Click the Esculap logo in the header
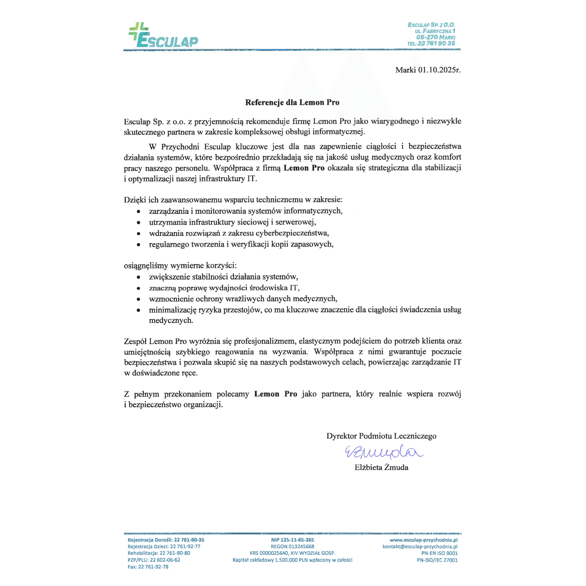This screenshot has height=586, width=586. click(163, 36)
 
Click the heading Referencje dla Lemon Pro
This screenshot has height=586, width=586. click(292, 102)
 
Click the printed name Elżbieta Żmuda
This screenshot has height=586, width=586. click(381, 467)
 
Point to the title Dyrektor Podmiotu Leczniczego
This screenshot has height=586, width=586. click(381, 436)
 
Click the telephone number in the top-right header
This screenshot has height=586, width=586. click(431, 43)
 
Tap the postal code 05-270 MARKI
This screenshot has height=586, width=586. click(436, 37)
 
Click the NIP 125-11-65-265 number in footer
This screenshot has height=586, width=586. click(293, 540)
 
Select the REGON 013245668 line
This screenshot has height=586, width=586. click(293, 547)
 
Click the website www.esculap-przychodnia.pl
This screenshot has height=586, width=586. click(423, 540)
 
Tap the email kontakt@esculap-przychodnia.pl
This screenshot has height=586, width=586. click(420, 547)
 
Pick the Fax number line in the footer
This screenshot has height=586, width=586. click(148, 566)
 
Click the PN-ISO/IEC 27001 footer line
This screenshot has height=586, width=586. click(437, 560)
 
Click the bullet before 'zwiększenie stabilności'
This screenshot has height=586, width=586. click(139, 277)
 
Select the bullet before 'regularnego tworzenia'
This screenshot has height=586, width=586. click(139, 245)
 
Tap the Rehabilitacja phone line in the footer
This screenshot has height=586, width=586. click(159, 553)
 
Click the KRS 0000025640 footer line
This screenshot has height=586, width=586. click(293, 553)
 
